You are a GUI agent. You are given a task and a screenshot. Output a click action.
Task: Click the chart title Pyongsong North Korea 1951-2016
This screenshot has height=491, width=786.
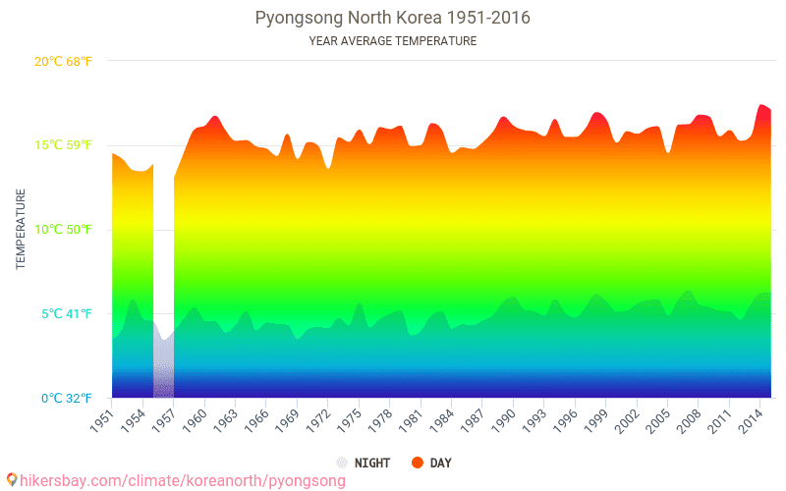point(392,19)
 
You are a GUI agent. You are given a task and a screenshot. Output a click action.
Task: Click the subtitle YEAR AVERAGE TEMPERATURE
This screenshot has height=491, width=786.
point(392,41)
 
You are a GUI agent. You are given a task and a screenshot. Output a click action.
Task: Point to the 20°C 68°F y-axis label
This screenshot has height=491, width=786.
point(63,62)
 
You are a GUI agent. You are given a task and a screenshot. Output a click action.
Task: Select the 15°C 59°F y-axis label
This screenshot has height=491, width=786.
point(63,145)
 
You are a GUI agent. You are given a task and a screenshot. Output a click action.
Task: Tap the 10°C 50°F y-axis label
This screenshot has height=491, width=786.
point(63,230)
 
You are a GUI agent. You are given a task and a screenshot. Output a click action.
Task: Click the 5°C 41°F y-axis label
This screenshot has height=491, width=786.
point(66,314)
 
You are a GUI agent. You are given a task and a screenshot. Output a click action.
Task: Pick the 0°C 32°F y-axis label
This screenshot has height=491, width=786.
point(66,399)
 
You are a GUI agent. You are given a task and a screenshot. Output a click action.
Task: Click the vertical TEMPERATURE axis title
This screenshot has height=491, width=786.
point(20,230)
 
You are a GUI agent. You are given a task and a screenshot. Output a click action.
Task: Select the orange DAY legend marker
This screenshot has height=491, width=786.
point(418,463)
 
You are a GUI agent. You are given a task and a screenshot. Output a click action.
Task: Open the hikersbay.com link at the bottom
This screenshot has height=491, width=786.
point(183,481)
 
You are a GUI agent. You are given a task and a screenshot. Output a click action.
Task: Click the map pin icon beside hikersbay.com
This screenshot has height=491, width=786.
point(11,480)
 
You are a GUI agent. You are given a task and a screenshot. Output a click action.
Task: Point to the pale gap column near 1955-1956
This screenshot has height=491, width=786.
point(163,363)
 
